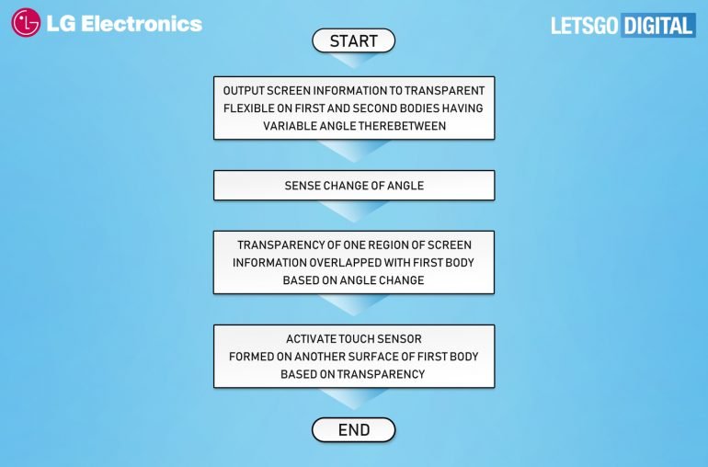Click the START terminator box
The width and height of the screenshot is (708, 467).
click(x=354, y=40)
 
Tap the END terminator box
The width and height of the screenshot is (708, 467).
click(x=354, y=429)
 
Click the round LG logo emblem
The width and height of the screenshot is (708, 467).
click(x=26, y=22)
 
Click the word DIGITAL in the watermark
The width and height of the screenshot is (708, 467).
click(x=658, y=26)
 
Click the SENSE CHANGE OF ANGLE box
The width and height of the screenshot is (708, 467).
click(x=354, y=185)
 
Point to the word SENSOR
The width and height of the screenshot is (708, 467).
click(x=399, y=339)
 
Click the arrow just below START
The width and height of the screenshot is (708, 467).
click(x=354, y=60)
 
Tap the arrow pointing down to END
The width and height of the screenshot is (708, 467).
click(x=354, y=399)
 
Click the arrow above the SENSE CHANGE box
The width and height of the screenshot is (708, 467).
click(x=354, y=151)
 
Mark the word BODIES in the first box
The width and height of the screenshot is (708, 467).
click(x=417, y=108)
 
